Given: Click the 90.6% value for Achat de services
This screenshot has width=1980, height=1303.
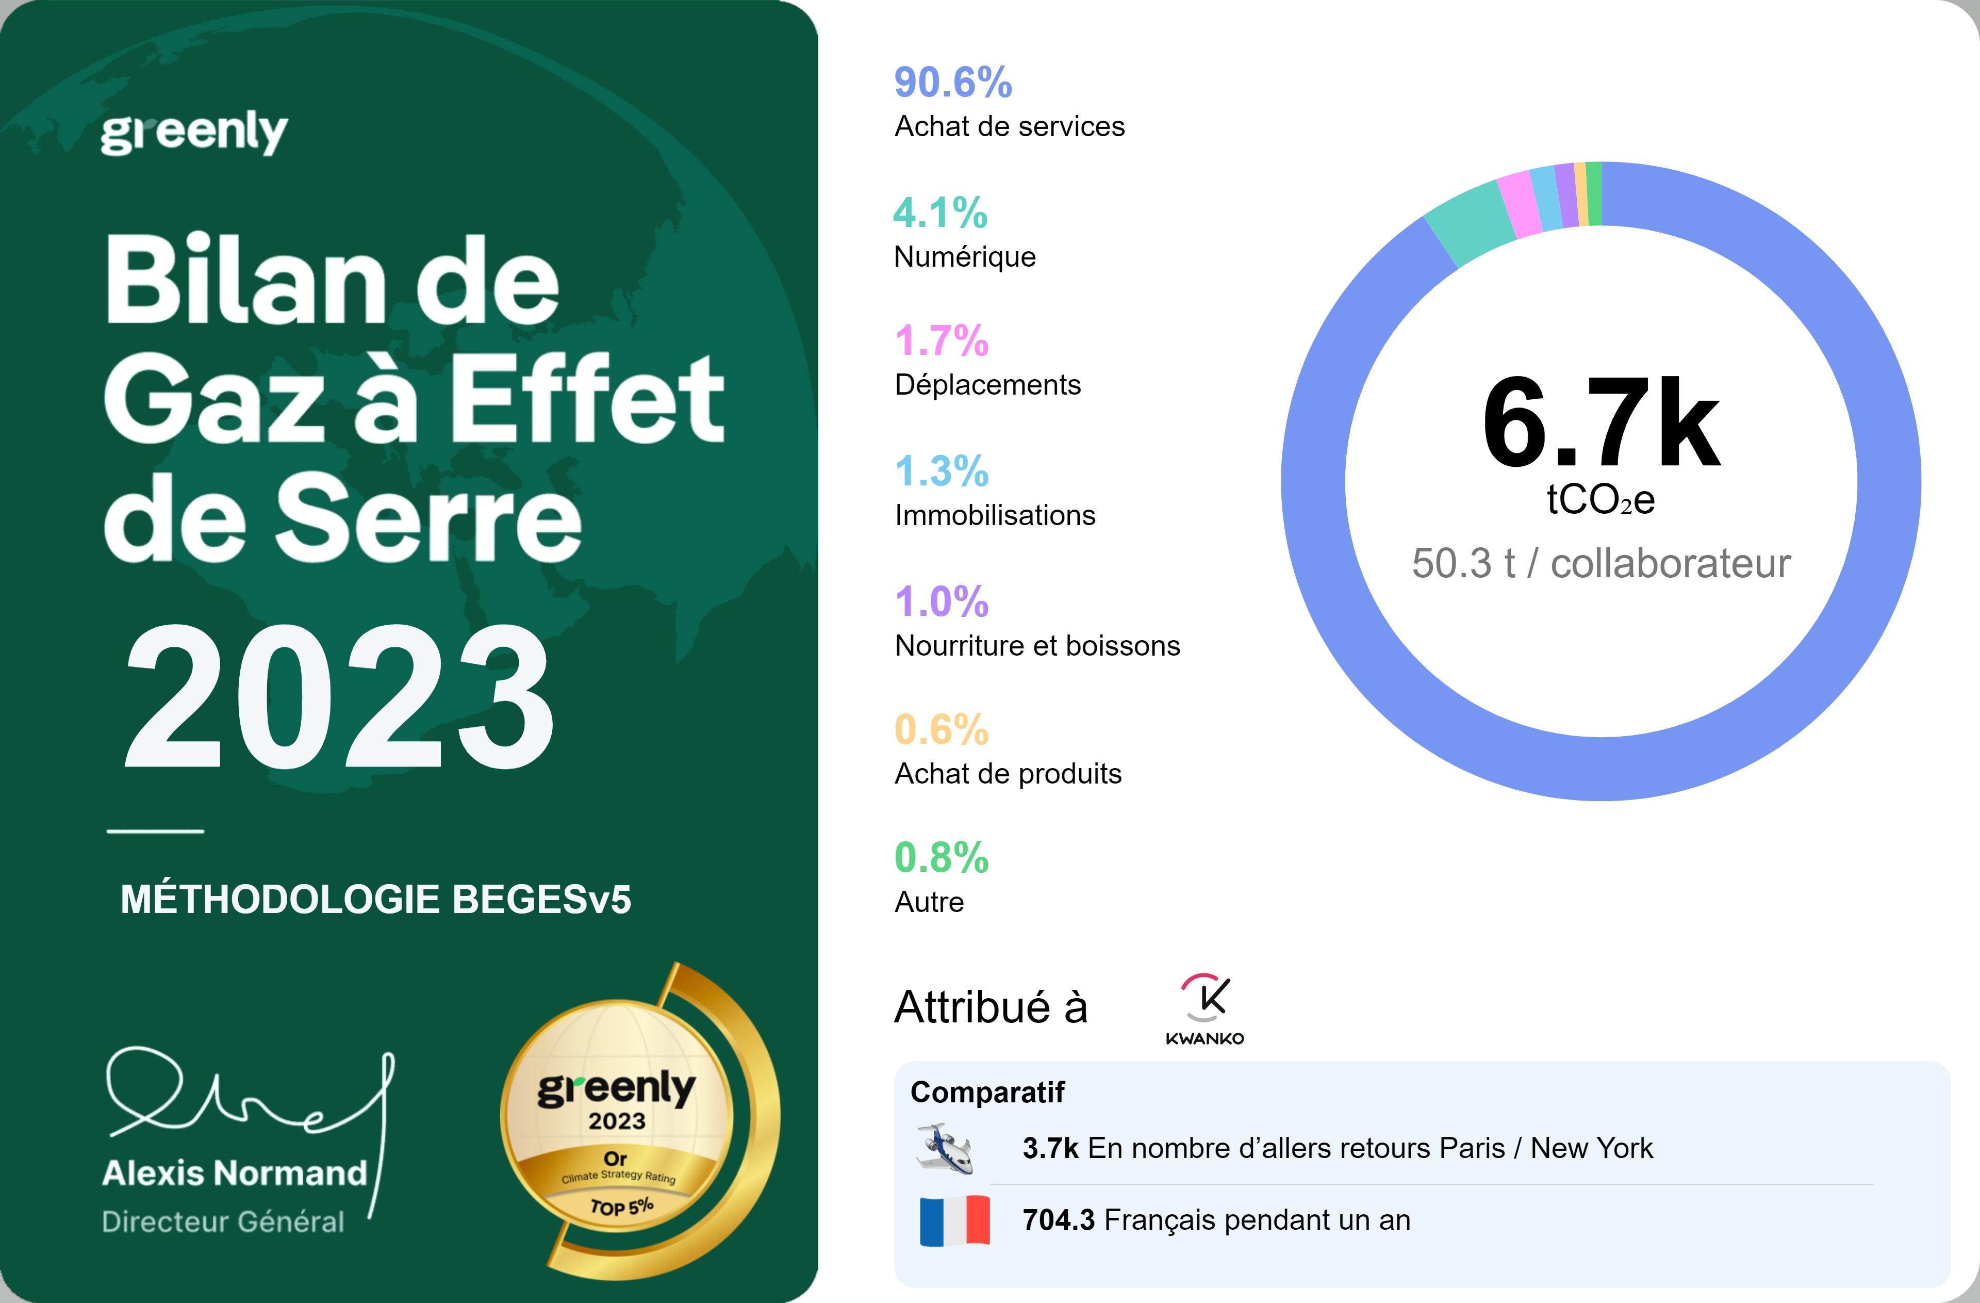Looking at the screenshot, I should click(952, 83).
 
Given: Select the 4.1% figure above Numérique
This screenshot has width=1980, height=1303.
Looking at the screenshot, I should click(940, 213).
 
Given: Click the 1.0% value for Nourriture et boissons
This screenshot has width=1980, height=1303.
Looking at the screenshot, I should click(941, 601).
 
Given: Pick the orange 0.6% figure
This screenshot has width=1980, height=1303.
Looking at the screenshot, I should click(941, 730).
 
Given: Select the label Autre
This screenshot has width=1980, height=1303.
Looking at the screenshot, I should click(929, 902).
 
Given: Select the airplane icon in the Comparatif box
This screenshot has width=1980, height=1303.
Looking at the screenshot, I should click(945, 1148).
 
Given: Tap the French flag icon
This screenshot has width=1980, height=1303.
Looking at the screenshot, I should click(954, 1220).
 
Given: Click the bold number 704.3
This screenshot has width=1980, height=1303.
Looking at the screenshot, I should click(1058, 1220).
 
